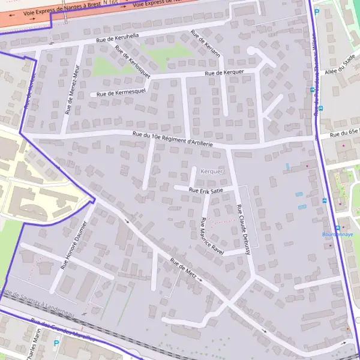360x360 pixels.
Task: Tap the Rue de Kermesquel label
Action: tap(121, 93)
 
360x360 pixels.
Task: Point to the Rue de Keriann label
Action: tap(206, 43)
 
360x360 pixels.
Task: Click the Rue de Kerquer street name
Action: tap(224, 73)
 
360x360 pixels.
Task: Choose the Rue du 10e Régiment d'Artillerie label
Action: tap(173, 140)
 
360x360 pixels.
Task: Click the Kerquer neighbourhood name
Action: tap(212, 171)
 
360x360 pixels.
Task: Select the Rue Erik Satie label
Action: tap(206, 190)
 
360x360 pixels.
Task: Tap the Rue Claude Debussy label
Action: tap(243, 230)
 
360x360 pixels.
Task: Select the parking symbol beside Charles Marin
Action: tap(56, 344)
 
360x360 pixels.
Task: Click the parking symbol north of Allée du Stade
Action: tap(317, 11)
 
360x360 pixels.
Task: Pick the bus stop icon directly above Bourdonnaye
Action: tap(338, 227)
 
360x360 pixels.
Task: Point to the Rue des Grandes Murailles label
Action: tap(63, 329)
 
